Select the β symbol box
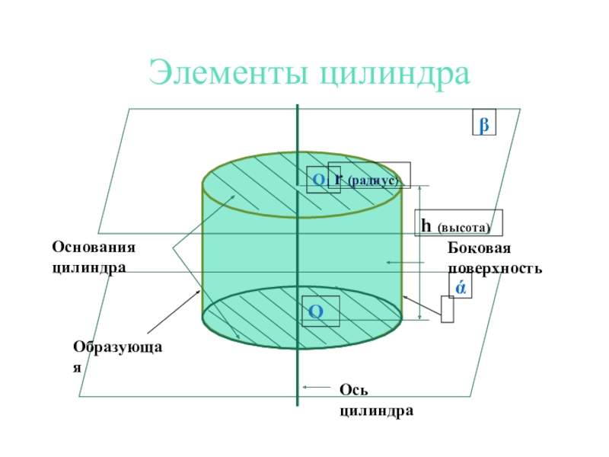click(x=483, y=123)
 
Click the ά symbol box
click(x=461, y=286)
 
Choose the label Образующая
click(x=118, y=355)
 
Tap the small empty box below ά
click(x=447, y=308)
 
